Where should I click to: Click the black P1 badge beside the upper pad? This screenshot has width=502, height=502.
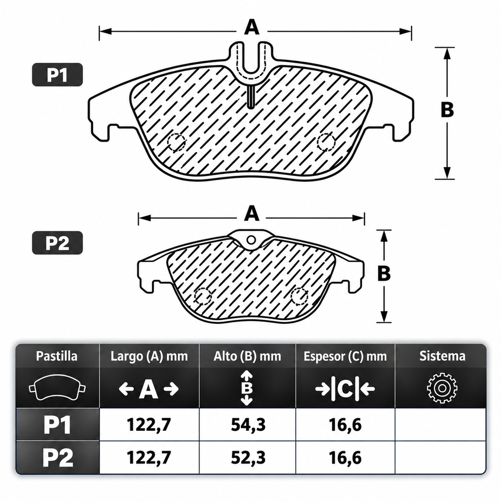(x=57, y=75)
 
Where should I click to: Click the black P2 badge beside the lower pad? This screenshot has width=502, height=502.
(x=57, y=243)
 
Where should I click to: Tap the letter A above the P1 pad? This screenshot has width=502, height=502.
(x=252, y=27)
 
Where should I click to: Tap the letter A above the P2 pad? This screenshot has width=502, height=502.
(x=252, y=213)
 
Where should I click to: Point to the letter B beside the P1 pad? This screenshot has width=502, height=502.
(x=447, y=109)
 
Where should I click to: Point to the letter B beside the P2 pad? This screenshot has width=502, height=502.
(x=384, y=274)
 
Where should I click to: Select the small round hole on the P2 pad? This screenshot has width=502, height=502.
(x=252, y=240)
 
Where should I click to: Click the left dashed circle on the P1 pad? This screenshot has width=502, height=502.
(x=176, y=142)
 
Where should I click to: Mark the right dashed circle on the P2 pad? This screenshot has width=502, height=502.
(x=299, y=296)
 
